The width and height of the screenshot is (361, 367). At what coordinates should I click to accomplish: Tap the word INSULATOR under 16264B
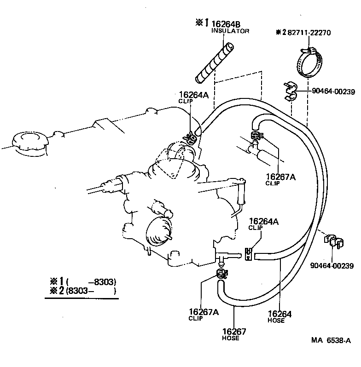[x=230, y=31]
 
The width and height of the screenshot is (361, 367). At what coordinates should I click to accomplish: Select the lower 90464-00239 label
[x=332, y=265]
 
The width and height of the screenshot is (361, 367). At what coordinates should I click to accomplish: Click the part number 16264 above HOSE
[x=279, y=314]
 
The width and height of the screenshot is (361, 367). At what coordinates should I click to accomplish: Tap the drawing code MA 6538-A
[x=331, y=341]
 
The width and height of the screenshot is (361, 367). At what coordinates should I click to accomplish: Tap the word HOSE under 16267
[x=231, y=338]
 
